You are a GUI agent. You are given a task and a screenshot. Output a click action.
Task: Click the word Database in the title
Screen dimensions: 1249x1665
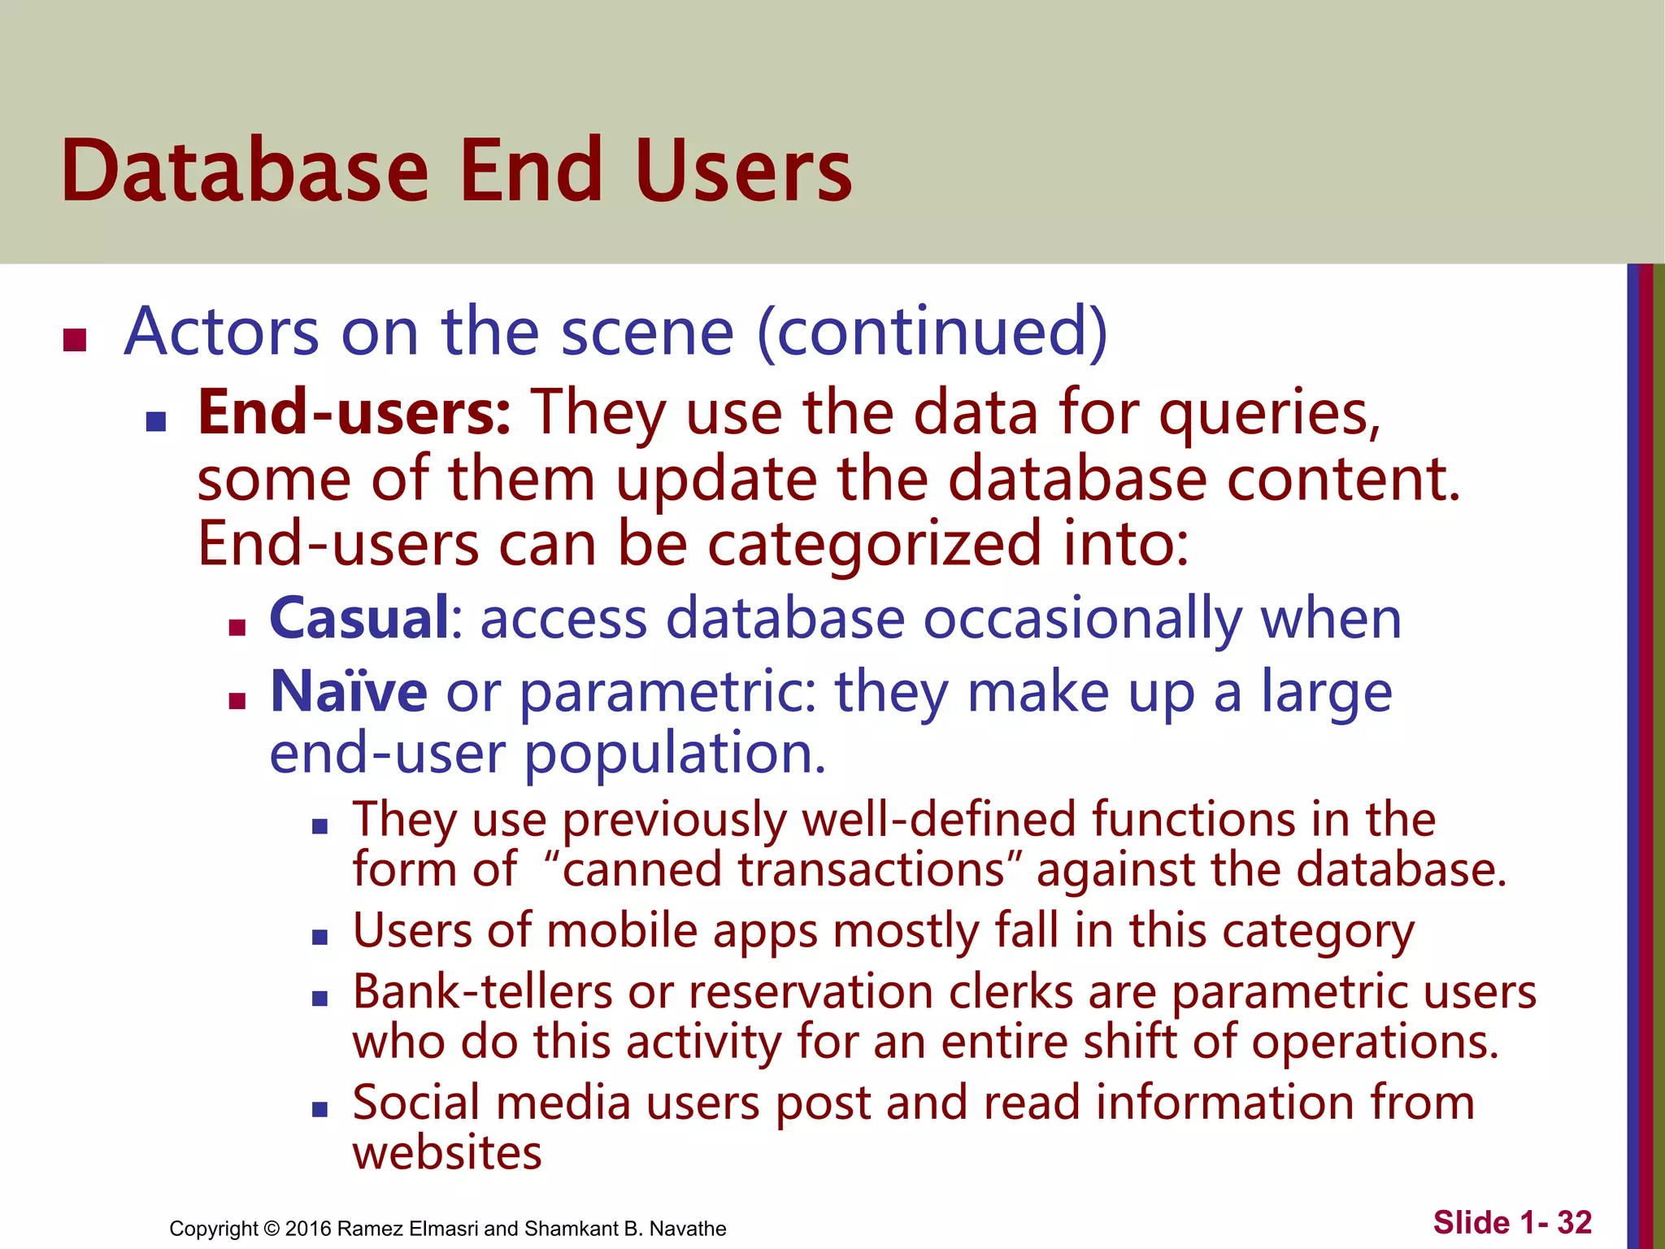244,171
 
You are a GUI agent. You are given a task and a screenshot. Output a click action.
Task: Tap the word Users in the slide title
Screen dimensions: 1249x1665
744,171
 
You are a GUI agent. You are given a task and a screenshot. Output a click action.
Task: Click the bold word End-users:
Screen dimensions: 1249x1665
354,413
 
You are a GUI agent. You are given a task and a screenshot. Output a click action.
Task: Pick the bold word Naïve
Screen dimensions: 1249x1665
349,691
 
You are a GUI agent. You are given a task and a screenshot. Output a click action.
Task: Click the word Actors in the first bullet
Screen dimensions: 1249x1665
222,332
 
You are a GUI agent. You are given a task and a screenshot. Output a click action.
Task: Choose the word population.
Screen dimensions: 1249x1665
675,755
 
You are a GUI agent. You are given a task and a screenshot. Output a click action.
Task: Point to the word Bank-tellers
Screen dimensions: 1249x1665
483,992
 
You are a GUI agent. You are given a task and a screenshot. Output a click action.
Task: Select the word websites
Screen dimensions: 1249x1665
447,1153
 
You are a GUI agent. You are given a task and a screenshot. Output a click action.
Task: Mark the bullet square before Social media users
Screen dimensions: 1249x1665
320,1108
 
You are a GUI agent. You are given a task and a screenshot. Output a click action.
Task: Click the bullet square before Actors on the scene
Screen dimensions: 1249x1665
75,339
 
